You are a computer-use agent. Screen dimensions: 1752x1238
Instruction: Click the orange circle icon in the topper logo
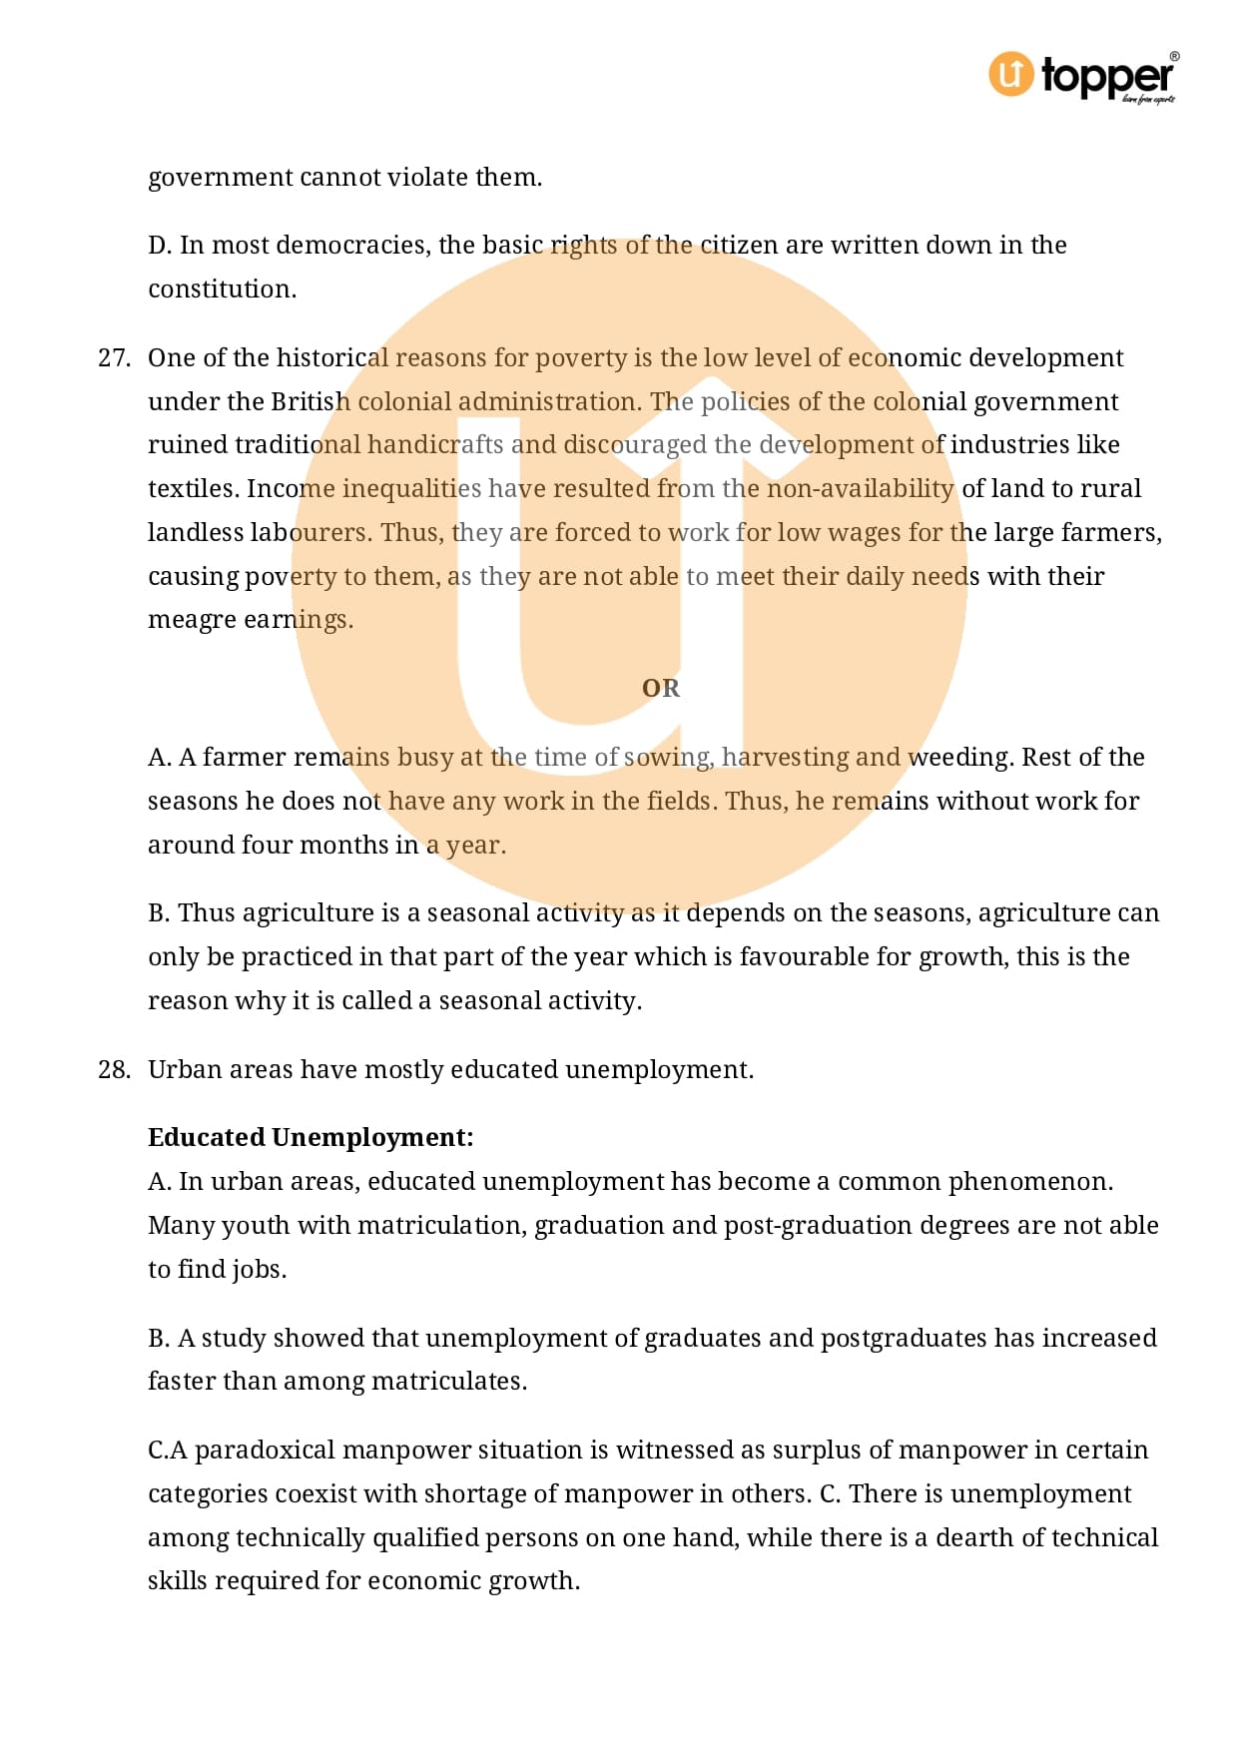pos(1010,75)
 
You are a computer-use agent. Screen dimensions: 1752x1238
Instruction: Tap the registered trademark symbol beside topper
pos(1174,57)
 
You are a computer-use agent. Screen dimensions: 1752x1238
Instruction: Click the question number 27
pos(114,357)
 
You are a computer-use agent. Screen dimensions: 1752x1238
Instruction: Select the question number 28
pos(114,1069)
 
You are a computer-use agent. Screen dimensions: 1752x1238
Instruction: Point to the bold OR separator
pos(660,688)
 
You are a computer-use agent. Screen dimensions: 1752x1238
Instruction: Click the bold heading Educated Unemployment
pos(310,1137)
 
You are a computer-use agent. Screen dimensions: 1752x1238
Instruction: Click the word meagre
pos(192,620)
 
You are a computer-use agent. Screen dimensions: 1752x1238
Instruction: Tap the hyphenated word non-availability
pos(860,488)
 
